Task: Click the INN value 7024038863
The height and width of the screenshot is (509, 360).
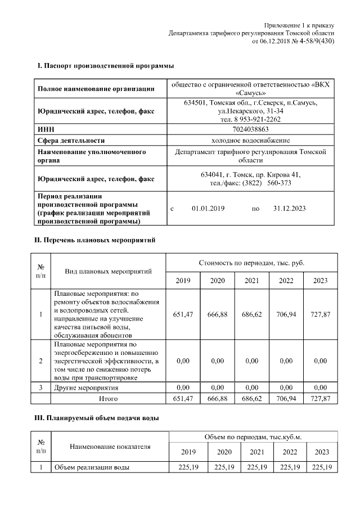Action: point(250,129)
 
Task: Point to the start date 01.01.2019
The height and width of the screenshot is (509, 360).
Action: point(208,209)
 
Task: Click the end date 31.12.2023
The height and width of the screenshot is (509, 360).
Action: point(289,209)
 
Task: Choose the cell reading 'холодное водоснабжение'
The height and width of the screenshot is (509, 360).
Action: point(250,140)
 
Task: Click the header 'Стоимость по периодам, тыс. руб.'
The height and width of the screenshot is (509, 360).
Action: point(251,263)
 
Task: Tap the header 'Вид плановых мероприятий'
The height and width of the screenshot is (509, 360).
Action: point(109,272)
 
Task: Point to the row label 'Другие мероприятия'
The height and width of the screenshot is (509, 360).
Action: point(86,388)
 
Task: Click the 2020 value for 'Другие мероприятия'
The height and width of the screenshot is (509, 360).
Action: point(218,388)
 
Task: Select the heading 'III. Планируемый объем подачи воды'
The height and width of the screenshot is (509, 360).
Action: point(97,418)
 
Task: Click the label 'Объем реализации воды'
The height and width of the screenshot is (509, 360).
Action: point(92,467)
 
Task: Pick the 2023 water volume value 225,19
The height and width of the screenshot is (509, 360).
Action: point(321,467)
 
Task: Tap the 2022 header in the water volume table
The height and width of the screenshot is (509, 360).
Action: point(289,452)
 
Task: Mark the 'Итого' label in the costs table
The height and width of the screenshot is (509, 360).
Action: point(108,398)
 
